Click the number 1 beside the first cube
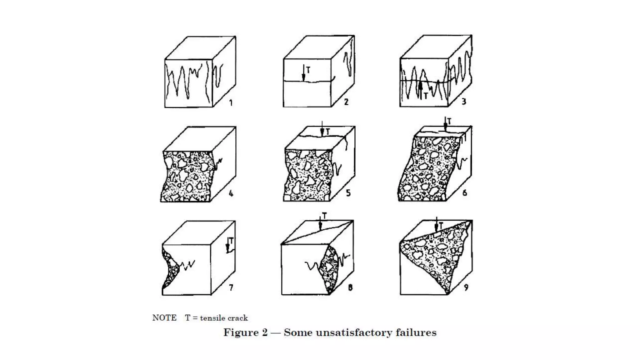coord(231,102)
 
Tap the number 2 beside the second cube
coord(346,102)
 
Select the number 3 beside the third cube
coord(464,101)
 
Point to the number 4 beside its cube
coord(231,194)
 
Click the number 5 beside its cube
coord(348,193)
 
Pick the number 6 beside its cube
coord(465,193)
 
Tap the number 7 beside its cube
coord(231,287)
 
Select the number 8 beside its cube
coord(350,287)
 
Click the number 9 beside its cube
coord(466,287)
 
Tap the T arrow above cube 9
coord(437,224)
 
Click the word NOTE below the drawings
coord(164,318)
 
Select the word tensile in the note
coord(211,318)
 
